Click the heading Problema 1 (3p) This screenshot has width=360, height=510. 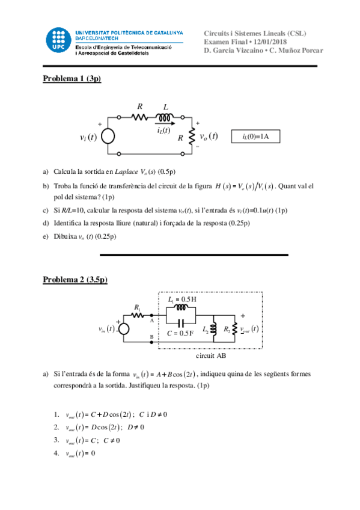click(x=72, y=78)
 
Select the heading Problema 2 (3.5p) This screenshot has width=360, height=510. click(x=75, y=280)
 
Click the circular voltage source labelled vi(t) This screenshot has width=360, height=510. click(x=108, y=137)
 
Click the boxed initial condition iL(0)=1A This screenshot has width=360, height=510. click(x=255, y=137)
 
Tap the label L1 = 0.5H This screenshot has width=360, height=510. click(x=182, y=299)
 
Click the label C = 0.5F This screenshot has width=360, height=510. click(x=180, y=333)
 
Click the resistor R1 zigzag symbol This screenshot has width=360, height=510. click(x=138, y=315)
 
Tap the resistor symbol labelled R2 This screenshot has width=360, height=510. click(x=234, y=329)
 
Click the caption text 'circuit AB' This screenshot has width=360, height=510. click(x=210, y=355)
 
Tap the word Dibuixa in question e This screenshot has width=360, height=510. click(x=65, y=236)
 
